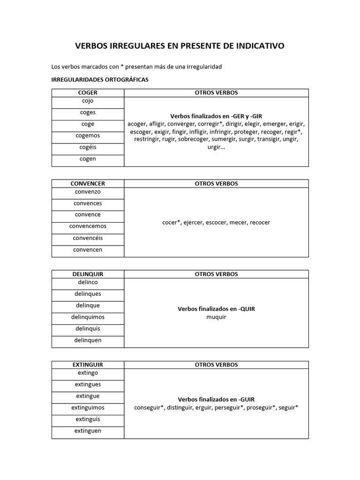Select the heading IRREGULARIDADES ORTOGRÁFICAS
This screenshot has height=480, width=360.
click(99, 80)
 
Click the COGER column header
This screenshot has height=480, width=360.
click(88, 93)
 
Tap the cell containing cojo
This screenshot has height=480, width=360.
click(88, 101)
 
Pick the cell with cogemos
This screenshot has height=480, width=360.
click(88, 135)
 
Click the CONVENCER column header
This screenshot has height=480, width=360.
click(88, 184)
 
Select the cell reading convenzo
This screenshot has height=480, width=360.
click(88, 192)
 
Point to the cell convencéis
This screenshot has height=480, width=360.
click(88, 238)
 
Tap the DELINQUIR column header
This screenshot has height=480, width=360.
click(88, 274)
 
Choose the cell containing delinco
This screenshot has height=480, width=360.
click(88, 282)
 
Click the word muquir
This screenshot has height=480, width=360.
click(216, 317)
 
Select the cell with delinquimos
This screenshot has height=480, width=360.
click(88, 317)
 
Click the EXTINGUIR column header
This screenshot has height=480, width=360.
click(88, 365)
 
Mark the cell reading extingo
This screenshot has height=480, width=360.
click(88, 373)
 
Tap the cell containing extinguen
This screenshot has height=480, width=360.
click(88, 431)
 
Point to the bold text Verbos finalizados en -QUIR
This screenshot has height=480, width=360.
click(216, 309)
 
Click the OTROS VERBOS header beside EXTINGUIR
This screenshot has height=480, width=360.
click(216, 365)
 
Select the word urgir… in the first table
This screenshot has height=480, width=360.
click(216, 147)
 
